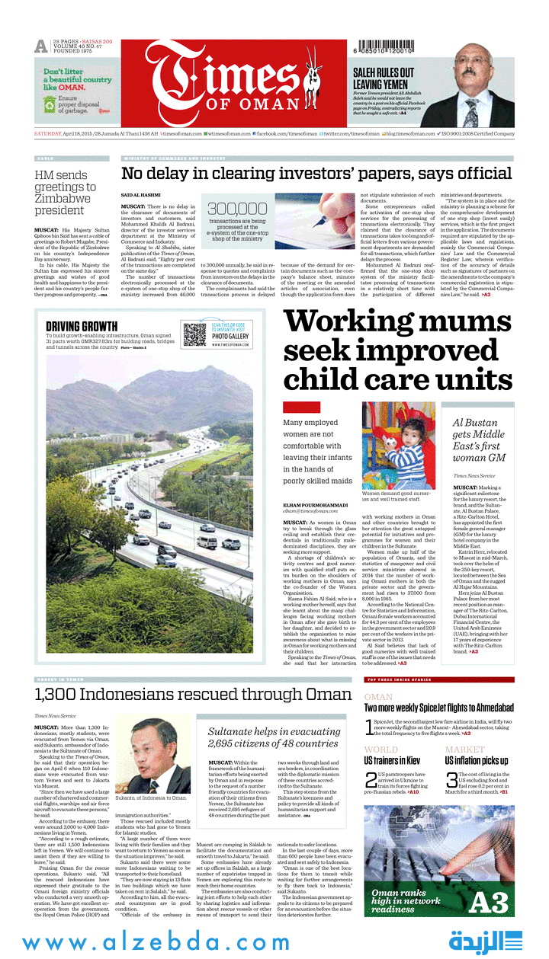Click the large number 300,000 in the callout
click(237, 209)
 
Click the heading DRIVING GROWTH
click(81, 327)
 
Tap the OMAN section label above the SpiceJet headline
click(378, 696)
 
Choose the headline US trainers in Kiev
click(391, 760)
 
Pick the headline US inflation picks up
click(477, 760)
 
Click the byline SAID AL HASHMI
click(140, 196)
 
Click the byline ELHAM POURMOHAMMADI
click(316, 504)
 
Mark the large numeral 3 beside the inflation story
click(451, 780)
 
